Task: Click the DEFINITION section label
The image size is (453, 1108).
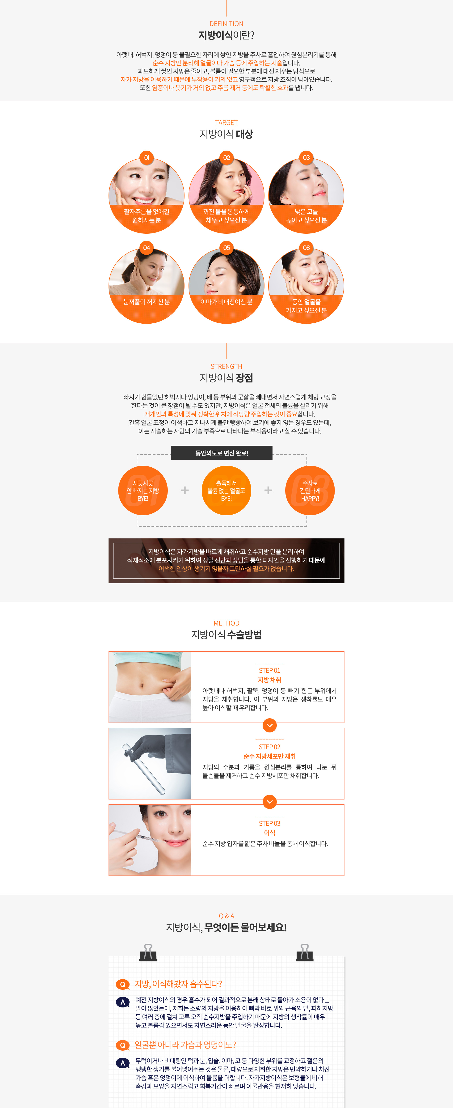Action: (226, 24)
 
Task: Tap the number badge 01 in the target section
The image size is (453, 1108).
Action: (147, 158)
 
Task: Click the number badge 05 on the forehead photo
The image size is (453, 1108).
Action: (226, 248)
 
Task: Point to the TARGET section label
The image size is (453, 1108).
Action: (226, 123)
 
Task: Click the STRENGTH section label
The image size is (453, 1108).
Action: (226, 367)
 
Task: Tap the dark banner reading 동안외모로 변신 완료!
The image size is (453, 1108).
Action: (222, 453)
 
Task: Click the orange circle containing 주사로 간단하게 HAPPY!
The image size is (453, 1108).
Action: (310, 490)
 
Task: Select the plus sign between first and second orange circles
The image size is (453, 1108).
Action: (185, 490)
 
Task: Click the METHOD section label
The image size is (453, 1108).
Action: (226, 623)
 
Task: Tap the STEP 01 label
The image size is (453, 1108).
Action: (269, 671)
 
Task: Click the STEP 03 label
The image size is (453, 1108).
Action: (269, 823)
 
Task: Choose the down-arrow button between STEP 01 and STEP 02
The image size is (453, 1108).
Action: (269, 725)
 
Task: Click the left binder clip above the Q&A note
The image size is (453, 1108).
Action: (148, 953)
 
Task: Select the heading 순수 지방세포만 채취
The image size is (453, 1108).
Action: (269, 756)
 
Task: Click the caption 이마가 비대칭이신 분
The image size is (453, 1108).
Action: (226, 302)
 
